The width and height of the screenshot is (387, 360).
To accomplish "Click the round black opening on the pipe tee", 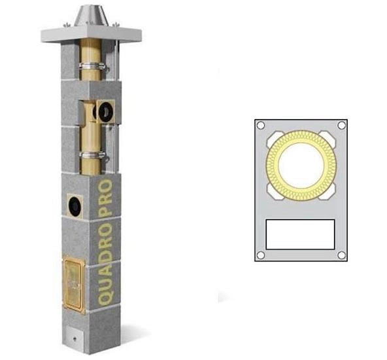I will [104, 111].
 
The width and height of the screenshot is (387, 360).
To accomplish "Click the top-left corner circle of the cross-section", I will [260, 126].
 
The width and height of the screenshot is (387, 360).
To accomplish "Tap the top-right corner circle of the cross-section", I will [340, 126].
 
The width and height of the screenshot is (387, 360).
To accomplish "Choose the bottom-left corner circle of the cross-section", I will [260, 255].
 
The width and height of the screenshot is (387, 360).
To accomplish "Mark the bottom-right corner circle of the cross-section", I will [340, 255].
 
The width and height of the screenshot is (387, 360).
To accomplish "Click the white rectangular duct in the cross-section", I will [300, 234].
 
